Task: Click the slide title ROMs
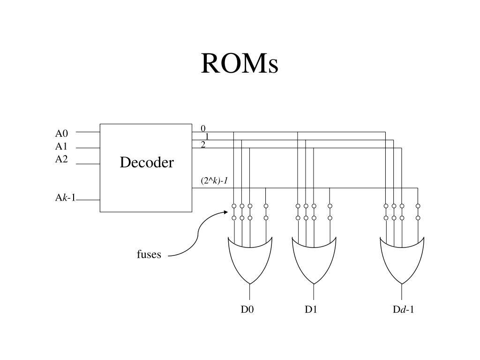240,64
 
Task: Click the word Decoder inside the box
146,163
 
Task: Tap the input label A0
61,133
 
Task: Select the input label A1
61,146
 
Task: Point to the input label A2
61,159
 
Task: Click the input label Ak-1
65,198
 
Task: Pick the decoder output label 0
203,128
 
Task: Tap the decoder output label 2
203,145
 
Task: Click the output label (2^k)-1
214,180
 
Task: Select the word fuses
149,255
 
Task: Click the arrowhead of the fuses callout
226,212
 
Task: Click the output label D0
247,309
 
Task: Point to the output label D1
311,309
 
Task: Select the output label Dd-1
403,309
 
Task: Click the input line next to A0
88,132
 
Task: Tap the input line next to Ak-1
88,200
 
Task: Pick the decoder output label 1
207,136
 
